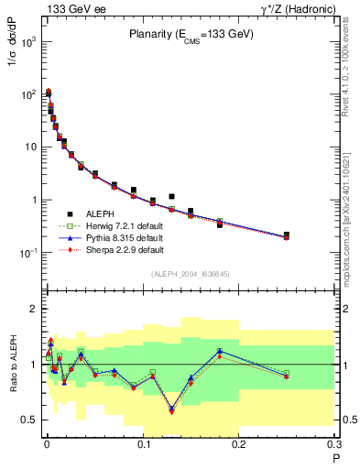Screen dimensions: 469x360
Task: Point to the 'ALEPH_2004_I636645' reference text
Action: point(190,274)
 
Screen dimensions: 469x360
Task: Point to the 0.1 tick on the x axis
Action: point(143,444)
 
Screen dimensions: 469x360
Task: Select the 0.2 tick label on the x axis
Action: point(239,444)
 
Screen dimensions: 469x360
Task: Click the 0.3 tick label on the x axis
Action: point(335,444)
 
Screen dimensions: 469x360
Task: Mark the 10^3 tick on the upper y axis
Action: point(30,42)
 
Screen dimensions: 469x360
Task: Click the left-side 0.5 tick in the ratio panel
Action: point(32,420)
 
